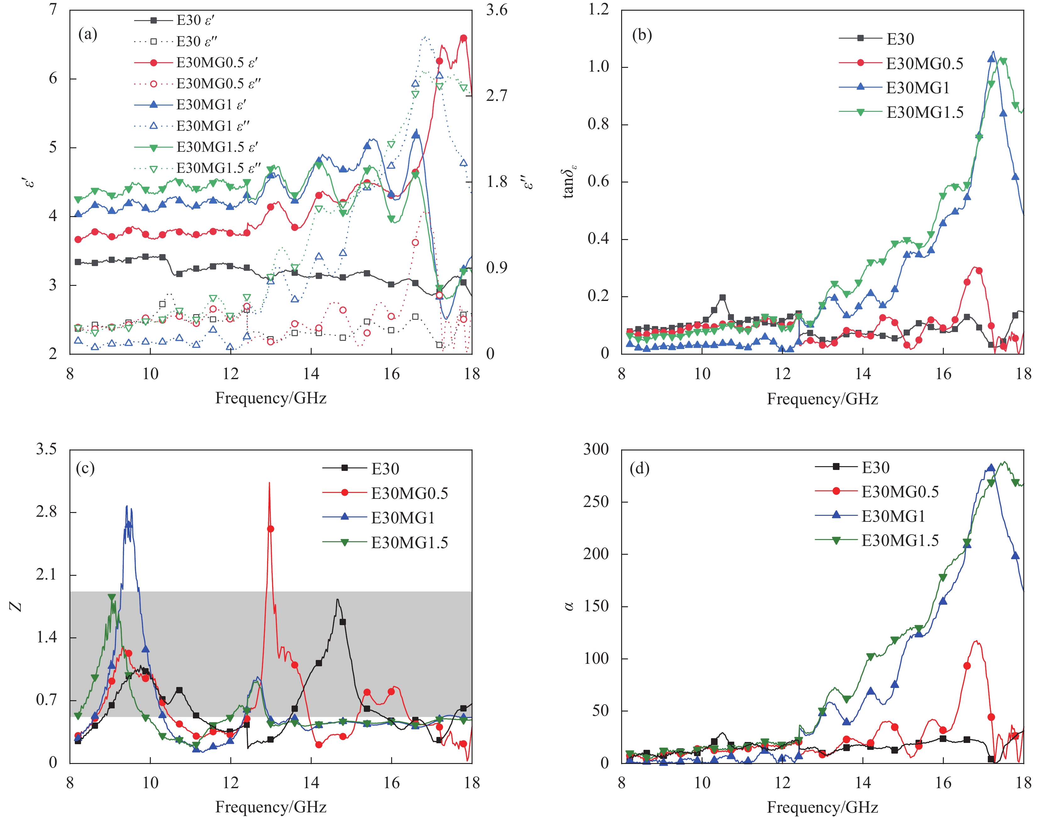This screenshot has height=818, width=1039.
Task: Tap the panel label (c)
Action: [x=85, y=468]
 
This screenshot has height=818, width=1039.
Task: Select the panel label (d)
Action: [x=639, y=468]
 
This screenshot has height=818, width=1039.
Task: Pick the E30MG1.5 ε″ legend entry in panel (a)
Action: [x=218, y=168]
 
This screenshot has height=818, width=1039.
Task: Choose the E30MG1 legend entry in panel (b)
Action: [x=917, y=88]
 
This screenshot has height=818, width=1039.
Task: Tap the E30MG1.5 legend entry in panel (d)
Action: [x=900, y=541]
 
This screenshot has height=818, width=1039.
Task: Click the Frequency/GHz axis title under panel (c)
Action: [x=271, y=807]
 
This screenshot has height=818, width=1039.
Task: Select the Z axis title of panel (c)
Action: [x=16, y=606]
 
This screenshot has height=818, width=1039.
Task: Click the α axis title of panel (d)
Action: [x=569, y=606]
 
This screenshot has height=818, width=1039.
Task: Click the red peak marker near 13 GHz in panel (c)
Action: [x=270, y=529]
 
